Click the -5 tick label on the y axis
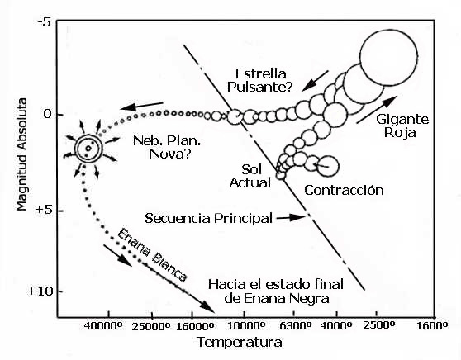[x=45, y=23]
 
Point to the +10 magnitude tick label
[x=41, y=291]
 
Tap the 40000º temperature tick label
[x=103, y=326]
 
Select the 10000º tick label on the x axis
[x=246, y=326]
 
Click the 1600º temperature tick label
[x=432, y=326]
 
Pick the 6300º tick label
[x=295, y=326]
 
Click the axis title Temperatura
[x=240, y=343]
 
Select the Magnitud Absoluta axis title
[x=21, y=154]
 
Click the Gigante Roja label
[x=402, y=126]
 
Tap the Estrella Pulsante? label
[x=260, y=80]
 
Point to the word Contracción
[x=344, y=191]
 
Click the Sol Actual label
[x=250, y=176]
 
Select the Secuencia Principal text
[x=208, y=219]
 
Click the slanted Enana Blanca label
[x=152, y=255]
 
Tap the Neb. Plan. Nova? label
[x=167, y=147]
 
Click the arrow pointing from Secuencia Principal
[x=291, y=218]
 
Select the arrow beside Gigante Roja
[x=377, y=109]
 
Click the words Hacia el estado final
[x=276, y=285]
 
